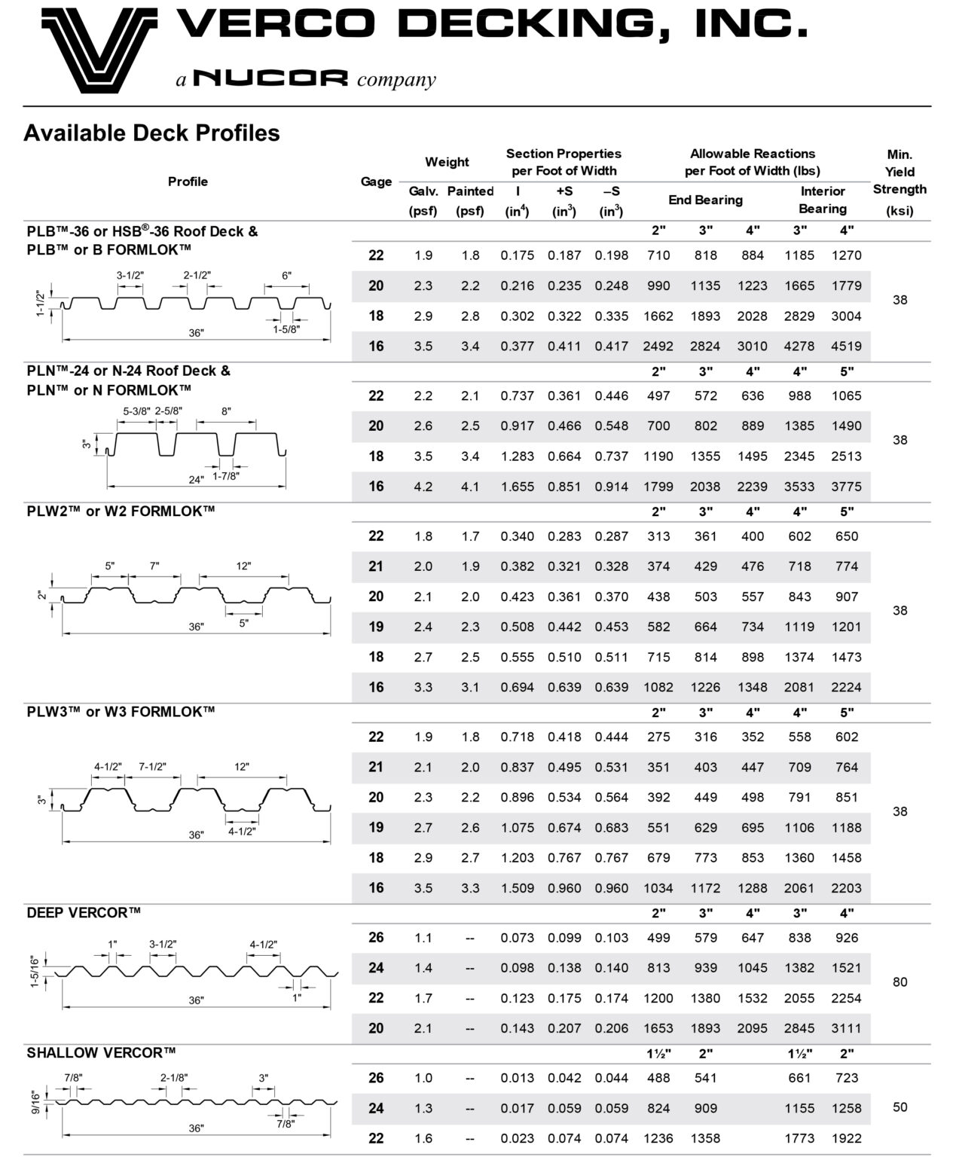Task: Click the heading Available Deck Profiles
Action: [151, 133]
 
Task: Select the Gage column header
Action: [376, 182]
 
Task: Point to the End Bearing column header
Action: [705, 200]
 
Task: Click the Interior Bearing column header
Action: [823, 200]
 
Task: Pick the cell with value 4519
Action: [846, 346]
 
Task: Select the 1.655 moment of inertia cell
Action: [517, 487]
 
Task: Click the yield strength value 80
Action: [899, 982]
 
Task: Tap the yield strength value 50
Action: [899, 1107]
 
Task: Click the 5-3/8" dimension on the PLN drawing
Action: [136, 411]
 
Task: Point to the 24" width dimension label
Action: [195, 480]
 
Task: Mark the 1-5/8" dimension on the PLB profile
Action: [286, 329]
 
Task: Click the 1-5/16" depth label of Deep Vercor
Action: [35, 971]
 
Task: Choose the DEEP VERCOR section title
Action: [84, 913]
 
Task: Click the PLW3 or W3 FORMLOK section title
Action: [121, 712]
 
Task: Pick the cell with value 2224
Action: [846, 687]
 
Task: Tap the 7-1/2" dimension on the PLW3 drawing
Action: [152, 767]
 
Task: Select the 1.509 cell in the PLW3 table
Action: [517, 888]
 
